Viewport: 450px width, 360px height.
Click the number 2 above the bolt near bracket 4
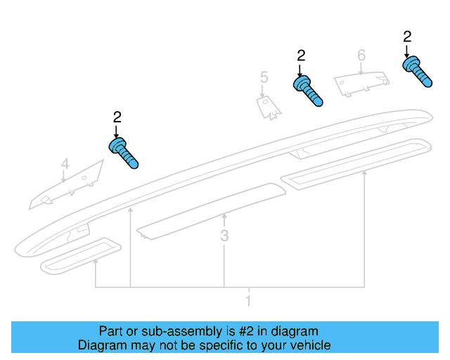[x=117, y=117]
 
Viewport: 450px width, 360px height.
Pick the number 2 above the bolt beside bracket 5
[x=302, y=56]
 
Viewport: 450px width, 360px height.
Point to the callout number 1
[x=247, y=301]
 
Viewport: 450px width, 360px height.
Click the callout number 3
[x=224, y=236]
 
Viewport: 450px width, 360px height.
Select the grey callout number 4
[x=65, y=165]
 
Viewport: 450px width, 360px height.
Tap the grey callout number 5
[x=264, y=77]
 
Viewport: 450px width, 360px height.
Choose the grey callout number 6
[x=361, y=55]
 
